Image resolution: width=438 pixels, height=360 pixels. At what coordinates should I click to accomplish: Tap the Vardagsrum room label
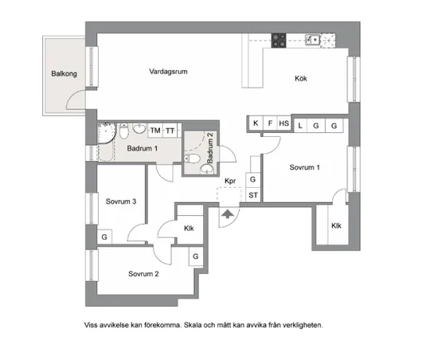click(168, 72)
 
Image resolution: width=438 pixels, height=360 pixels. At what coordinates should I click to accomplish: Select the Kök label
click(300, 78)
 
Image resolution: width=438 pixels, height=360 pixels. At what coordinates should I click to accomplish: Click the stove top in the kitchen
click(280, 38)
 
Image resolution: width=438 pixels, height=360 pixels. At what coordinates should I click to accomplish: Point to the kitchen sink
click(314, 38)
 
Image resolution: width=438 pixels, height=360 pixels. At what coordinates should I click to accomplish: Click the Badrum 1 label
click(143, 148)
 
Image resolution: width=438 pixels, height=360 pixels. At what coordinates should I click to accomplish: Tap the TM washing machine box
click(154, 130)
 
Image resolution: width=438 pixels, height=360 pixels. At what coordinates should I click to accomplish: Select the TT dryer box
click(170, 130)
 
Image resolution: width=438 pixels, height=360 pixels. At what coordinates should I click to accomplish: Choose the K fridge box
click(256, 123)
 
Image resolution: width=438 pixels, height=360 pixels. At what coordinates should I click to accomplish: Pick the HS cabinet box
click(284, 123)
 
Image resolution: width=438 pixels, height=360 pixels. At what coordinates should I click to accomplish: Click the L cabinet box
click(300, 126)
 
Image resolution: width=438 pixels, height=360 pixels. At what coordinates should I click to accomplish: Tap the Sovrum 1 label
click(304, 168)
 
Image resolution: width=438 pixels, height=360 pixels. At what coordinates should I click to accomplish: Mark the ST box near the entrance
click(254, 195)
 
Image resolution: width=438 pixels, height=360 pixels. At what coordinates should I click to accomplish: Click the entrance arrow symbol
click(228, 213)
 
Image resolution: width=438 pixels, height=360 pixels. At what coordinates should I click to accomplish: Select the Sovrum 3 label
click(121, 202)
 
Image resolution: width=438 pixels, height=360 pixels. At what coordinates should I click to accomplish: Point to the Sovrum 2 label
click(143, 274)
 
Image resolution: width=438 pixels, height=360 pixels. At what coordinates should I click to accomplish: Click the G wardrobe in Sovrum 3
click(104, 237)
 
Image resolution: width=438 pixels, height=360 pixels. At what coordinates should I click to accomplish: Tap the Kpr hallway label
click(231, 181)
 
